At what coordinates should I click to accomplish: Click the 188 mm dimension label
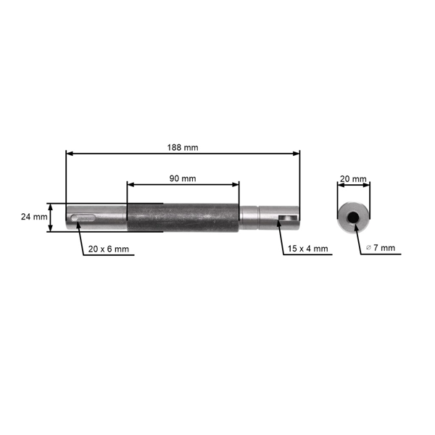[x=182, y=147]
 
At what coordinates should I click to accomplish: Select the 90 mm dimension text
[x=182, y=178]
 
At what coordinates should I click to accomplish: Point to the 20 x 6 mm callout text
[x=108, y=249]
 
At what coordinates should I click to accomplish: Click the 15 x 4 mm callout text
[x=307, y=249]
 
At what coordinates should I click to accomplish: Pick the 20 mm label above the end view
[x=353, y=178]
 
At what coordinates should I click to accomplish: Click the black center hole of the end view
[x=353, y=217]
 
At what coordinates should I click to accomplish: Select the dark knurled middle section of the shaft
[x=183, y=217]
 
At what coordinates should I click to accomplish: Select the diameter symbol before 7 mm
[x=369, y=248]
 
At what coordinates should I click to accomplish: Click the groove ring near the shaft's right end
[x=259, y=217]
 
